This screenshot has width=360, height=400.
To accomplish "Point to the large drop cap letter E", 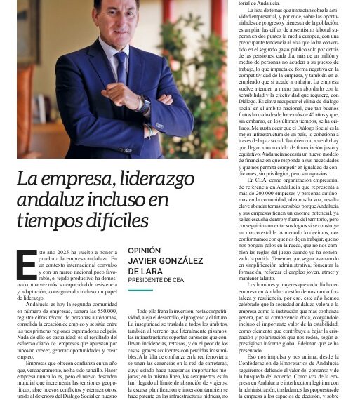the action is pyautogui.click(x=26, y=265).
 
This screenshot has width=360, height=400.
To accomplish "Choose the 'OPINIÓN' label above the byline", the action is pyautogui.click(x=145, y=251).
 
